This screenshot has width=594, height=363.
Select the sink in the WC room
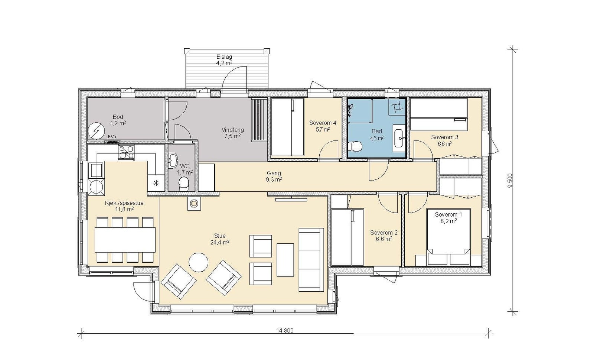(173, 161)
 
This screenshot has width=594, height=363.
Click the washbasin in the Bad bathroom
(399, 138)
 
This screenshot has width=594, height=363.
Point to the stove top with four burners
(126, 152)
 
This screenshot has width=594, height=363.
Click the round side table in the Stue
(198, 262)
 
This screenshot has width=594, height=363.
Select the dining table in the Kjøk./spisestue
(125, 240)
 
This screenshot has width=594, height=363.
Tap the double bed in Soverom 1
(448, 237)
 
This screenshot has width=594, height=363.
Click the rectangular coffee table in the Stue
(285, 260)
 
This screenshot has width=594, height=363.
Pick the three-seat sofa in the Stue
(311, 260)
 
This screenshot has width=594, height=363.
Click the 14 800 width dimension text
(285, 330)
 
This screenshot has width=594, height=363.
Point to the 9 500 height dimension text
(510, 181)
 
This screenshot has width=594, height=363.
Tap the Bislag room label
(224, 56)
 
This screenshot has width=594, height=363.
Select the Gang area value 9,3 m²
(274, 179)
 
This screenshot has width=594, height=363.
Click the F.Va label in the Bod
(112, 137)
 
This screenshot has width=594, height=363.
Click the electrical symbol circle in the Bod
(96, 130)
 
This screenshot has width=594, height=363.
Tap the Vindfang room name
(232, 130)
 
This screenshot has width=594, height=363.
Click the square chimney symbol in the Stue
(194, 204)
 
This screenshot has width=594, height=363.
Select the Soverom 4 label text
(323, 123)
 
